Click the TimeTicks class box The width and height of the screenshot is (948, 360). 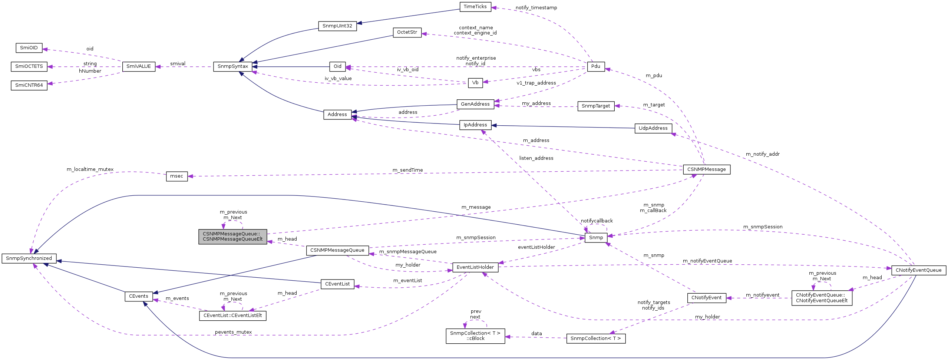(x=475, y=7)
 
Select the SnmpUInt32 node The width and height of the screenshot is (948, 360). (x=337, y=26)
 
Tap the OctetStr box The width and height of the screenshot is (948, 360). (x=407, y=32)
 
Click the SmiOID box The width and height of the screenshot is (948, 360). (x=29, y=48)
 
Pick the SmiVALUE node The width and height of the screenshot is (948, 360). (x=139, y=66)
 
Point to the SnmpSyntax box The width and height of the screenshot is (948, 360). (x=232, y=66)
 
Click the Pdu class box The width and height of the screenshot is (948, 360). (x=595, y=66)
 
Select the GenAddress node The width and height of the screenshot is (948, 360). (x=475, y=104)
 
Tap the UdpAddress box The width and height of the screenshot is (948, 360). (x=653, y=128)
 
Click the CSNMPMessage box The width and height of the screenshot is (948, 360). (x=706, y=169)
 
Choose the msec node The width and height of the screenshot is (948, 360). (x=176, y=176)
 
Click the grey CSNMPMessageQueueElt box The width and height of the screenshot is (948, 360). (x=232, y=237)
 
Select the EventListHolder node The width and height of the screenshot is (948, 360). (x=475, y=267)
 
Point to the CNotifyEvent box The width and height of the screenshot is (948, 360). (x=706, y=298)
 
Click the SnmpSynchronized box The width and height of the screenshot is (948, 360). (x=29, y=258)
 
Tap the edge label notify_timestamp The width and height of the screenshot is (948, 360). (x=536, y=8)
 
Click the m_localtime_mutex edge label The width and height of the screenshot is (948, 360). (x=90, y=169)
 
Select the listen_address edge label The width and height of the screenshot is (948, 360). (x=536, y=158)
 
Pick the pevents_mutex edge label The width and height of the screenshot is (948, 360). (x=233, y=332)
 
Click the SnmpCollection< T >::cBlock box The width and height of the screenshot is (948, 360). (x=475, y=336)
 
